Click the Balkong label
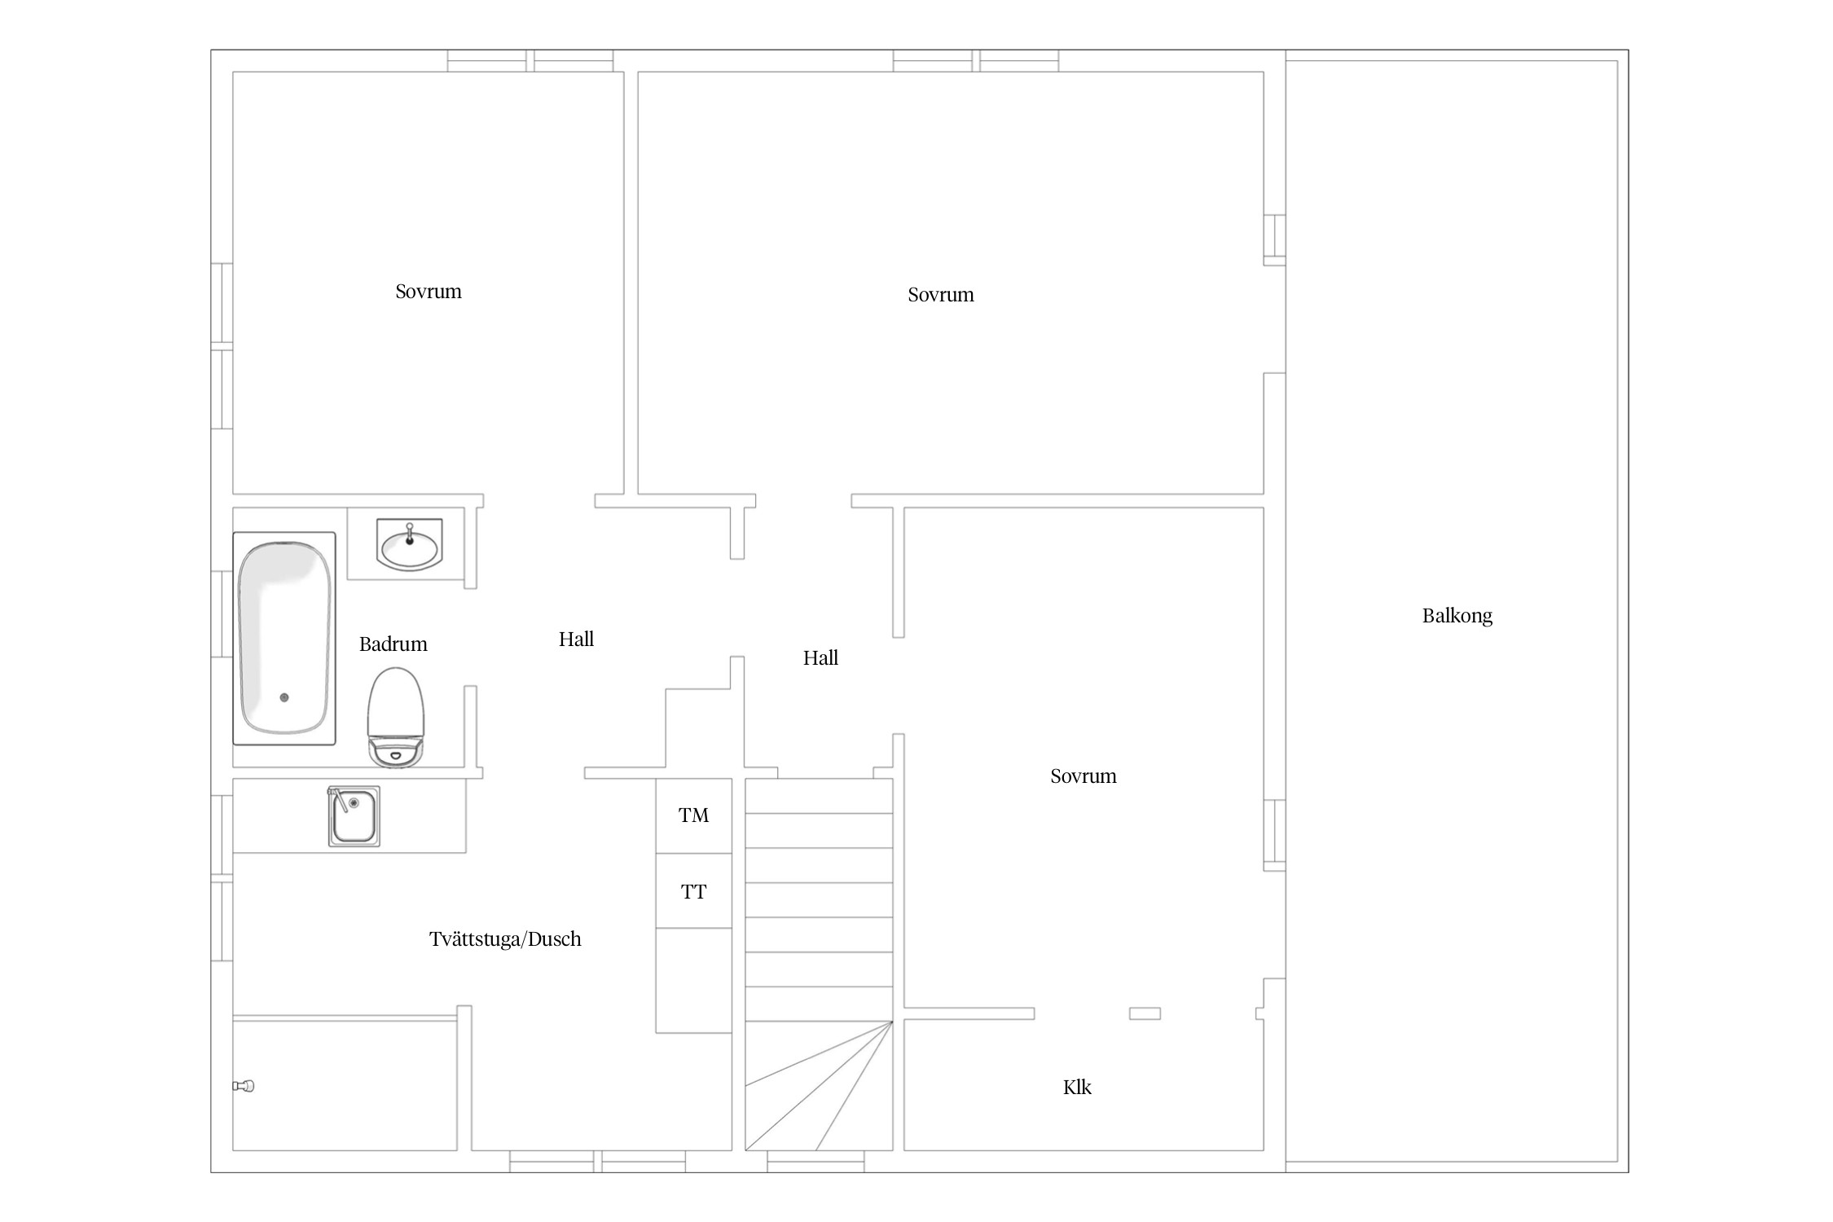(1457, 616)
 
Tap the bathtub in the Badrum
(284, 638)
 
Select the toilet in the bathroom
(396, 718)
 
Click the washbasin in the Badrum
(409, 544)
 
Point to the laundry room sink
(354, 816)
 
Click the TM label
(694, 815)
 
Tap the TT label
(694, 892)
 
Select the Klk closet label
(1077, 1087)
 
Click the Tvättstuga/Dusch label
(505, 939)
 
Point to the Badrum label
(393, 644)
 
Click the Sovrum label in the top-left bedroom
(429, 292)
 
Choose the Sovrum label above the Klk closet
(1084, 776)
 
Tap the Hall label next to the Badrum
(576, 640)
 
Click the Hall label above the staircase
(820, 658)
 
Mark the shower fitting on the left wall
(244, 1085)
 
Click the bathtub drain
(284, 697)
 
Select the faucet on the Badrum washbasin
(410, 534)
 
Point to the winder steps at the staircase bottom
(819, 1085)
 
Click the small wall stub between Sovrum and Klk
(1145, 1013)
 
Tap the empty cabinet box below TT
(694, 981)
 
